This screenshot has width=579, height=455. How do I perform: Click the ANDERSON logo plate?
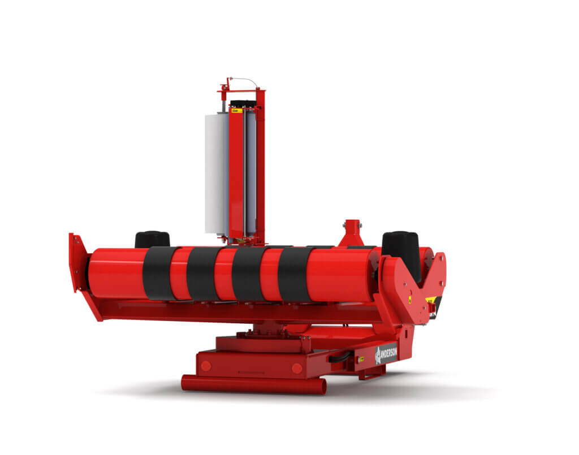387,353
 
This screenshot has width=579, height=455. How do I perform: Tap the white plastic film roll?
215,172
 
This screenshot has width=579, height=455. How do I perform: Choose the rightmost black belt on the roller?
294,274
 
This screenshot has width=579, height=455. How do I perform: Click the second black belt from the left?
203,274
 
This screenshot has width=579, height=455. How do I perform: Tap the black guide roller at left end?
152,239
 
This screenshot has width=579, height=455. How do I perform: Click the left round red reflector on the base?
206,366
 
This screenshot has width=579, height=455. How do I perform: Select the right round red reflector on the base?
296,369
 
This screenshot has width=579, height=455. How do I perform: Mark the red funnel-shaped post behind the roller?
352,233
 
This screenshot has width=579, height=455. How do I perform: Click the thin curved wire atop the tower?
244,80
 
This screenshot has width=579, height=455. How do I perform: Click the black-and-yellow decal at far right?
432,306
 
